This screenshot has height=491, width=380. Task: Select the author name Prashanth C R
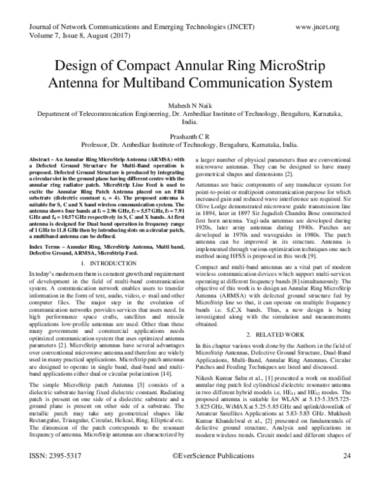pos(189,135)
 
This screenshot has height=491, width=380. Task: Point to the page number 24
pos(346,473)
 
